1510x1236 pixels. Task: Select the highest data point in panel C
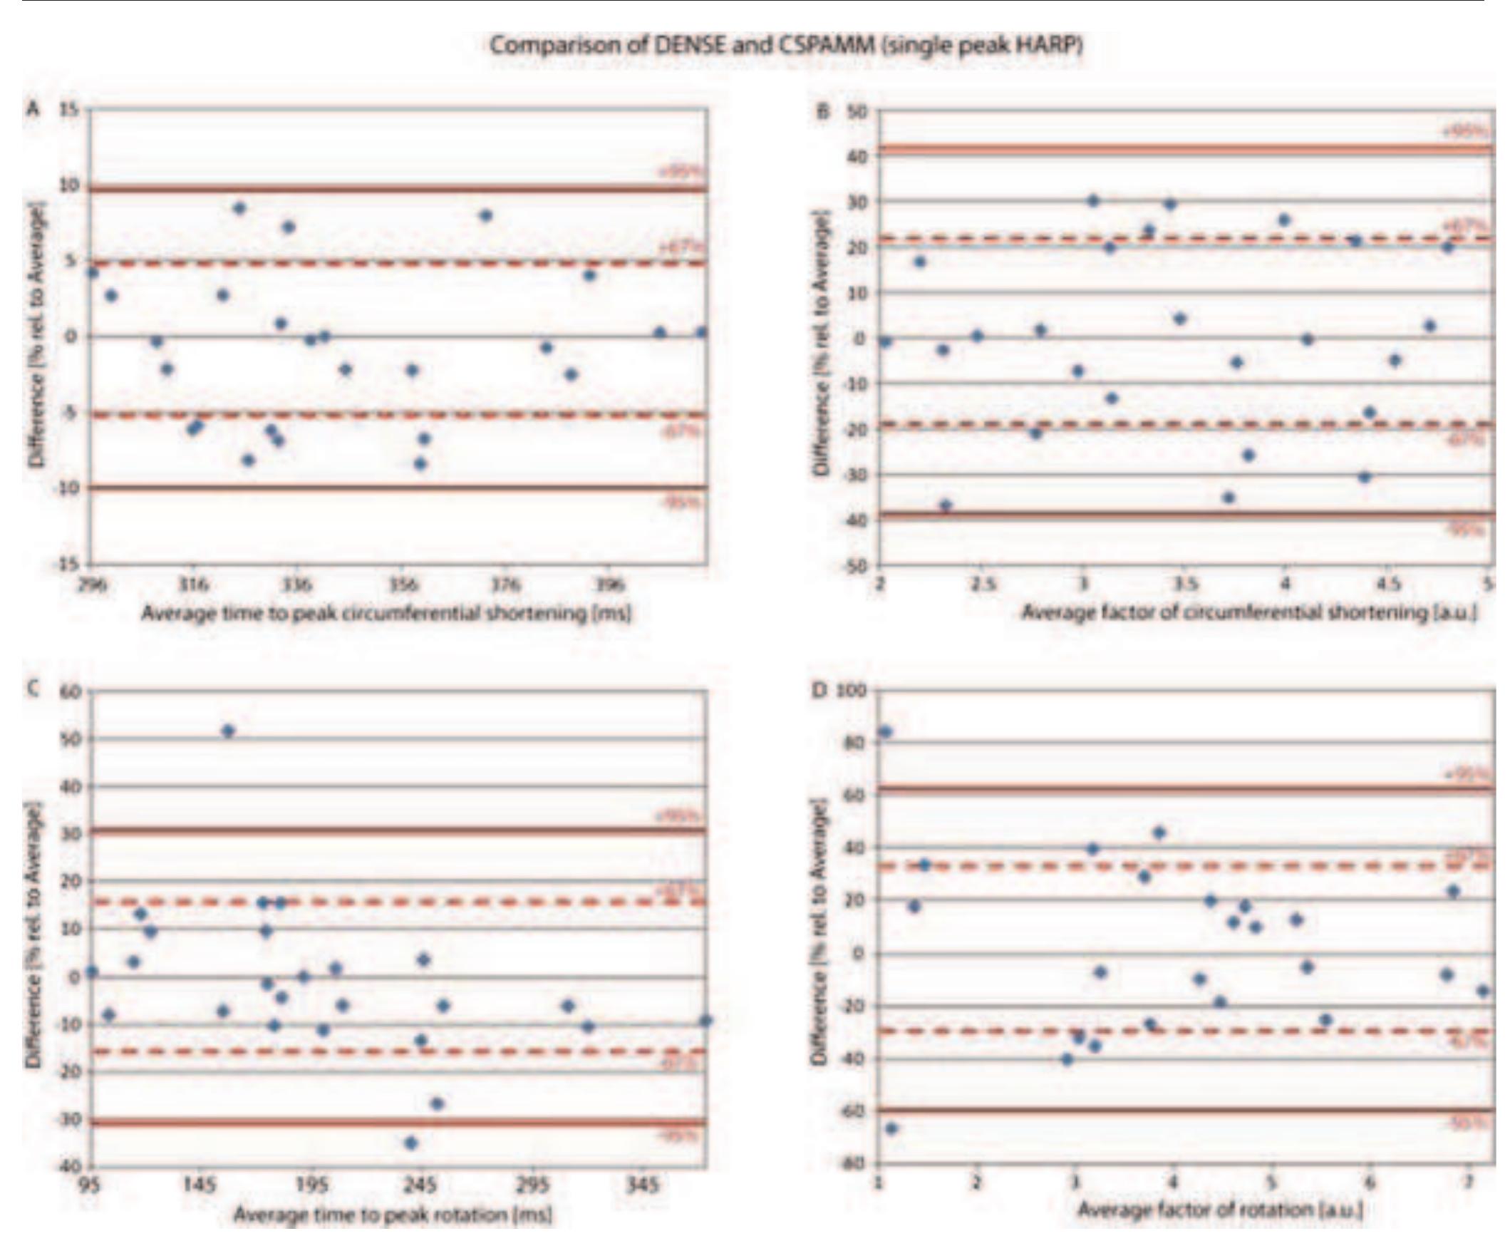coord(228,731)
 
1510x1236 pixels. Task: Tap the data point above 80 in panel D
coord(886,732)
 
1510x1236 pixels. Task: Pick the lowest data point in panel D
coord(891,1128)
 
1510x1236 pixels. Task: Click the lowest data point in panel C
coord(410,1143)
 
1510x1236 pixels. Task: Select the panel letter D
coord(817,691)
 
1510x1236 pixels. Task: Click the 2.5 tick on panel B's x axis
coord(981,586)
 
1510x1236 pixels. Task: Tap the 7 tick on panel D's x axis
coord(1467,1184)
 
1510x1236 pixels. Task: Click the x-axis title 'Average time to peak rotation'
coord(393,1212)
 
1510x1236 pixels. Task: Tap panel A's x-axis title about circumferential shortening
coord(386,613)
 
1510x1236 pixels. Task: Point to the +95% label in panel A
coord(681,172)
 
